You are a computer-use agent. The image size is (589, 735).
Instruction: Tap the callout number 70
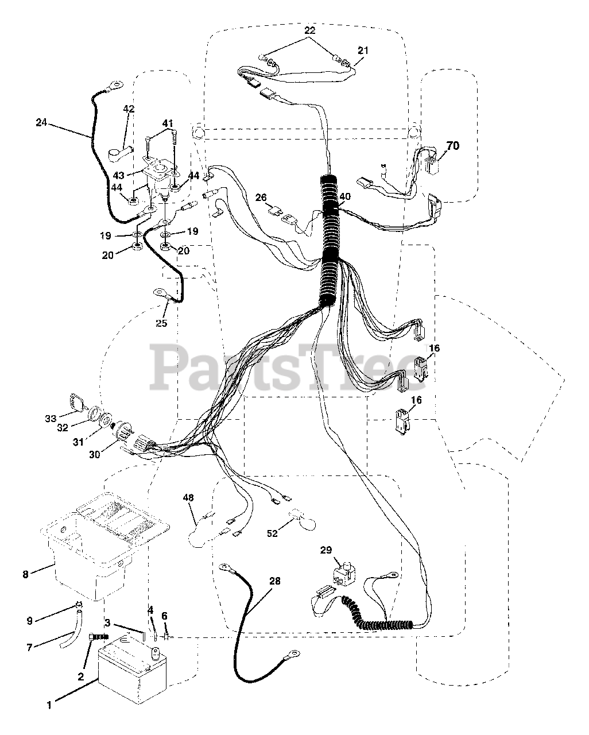(453, 146)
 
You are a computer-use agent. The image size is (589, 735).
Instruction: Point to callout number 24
(41, 122)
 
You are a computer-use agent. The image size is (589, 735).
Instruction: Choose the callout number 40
(344, 196)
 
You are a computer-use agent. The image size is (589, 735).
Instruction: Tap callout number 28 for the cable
(275, 581)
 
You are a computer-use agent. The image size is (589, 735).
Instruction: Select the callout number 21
(362, 51)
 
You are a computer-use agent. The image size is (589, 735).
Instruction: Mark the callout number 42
(129, 109)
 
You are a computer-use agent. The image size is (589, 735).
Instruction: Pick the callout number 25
(161, 323)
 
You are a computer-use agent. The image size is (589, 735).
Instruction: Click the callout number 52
(272, 533)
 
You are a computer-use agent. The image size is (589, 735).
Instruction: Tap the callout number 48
(188, 498)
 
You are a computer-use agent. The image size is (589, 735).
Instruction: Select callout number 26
(262, 198)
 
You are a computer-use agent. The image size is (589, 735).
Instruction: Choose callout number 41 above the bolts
(167, 123)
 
